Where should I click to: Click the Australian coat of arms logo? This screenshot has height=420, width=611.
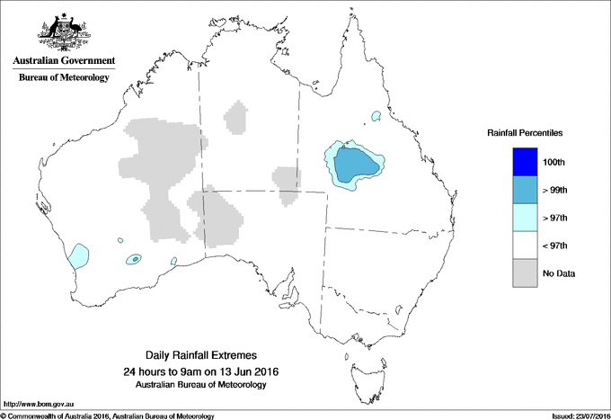(x=63, y=32)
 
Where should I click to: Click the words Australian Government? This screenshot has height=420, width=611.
(x=63, y=61)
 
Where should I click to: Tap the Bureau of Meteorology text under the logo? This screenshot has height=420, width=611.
(x=63, y=78)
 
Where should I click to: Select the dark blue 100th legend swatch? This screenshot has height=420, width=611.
(x=526, y=162)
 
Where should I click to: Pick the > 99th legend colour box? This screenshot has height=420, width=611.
(x=526, y=190)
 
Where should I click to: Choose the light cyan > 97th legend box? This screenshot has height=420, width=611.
(x=526, y=218)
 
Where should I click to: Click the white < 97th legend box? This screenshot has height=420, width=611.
(x=526, y=246)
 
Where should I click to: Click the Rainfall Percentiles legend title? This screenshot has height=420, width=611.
(x=525, y=133)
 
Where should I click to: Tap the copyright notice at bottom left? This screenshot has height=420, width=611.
(x=108, y=416)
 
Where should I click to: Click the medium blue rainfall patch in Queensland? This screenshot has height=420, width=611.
(x=356, y=164)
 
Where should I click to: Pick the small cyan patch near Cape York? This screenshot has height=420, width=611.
(x=376, y=115)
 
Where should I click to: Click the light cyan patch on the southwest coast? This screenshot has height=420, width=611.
(x=79, y=255)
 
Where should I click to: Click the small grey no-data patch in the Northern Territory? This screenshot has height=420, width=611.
(x=238, y=117)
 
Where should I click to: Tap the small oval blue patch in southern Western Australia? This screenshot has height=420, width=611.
(x=134, y=259)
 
